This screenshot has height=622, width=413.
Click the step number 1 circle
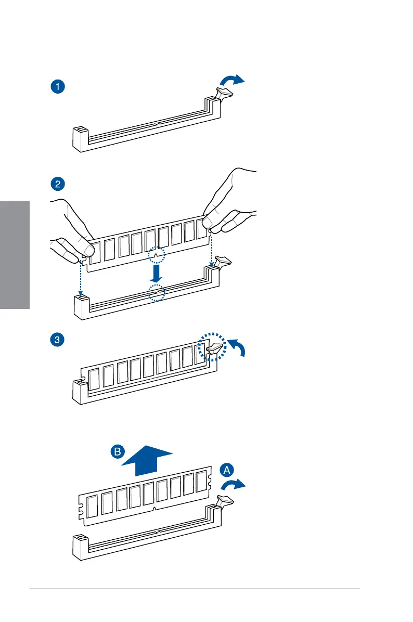pyautogui.click(x=58, y=87)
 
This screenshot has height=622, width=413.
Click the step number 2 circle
pyautogui.click(x=58, y=184)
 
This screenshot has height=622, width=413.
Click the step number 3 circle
pyautogui.click(x=58, y=341)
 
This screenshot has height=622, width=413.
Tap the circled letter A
pyautogui.click(x=226, y=470)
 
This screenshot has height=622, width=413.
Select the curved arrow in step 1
pyautogui.click(x=232, y=80)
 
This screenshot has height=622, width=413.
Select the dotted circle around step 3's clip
pyautogui.click(x=213, y=347)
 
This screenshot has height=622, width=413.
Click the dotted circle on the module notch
pyautogui.click(x=156, y=255)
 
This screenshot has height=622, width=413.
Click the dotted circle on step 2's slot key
pyautogui.click(x=156, y=293)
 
